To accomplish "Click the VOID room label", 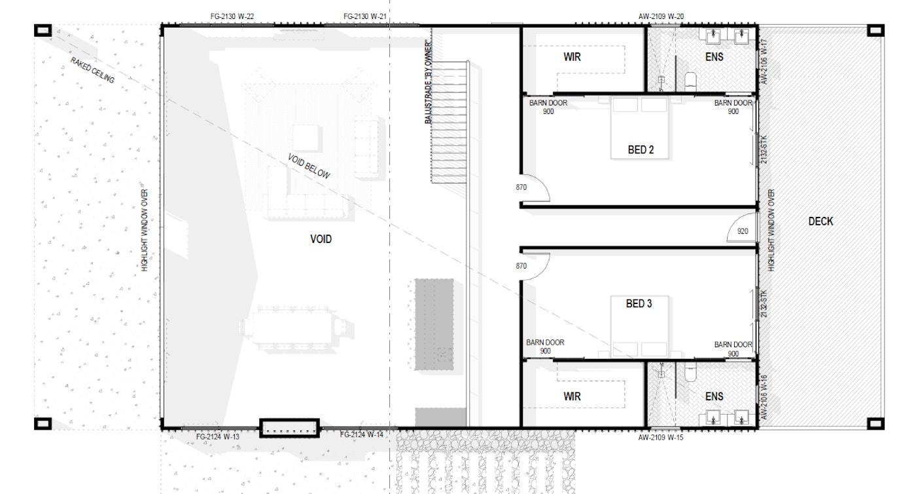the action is pyautogui.click(x=321, y=238).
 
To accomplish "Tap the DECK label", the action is pyautogui.click(x=820, y=221).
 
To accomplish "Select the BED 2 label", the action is pyautogui.click(x=641, y=149).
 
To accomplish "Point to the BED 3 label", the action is pyautogui.click(x=639, y=303).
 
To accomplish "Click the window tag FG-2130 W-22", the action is pyautogui.click(x=232, y=16).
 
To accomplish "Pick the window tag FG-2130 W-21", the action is pyautogui.click(x=365, y=16).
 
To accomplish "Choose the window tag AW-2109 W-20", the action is pyautogui.click(x=661, y=16).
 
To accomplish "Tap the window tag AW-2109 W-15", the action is pyautogui.click(x=661, y=438).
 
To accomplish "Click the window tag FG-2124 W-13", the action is pyautogui.click(x=217, y=436).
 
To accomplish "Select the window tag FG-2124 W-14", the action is pyautogui.click(x=361, y=434).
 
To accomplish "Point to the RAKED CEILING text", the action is pyautogui.click(x=92, y=70).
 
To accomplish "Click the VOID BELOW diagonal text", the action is pyautogui.click(x=309, y=166).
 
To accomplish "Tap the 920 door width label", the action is pyautogui.click(x=743, y=231).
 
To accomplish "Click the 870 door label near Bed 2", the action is pyautogui.click(x=521, y=187).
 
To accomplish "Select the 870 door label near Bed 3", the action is pyautogui.click(x=521, y=266).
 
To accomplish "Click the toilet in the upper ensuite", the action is pyautogui.click(x=690, y=81).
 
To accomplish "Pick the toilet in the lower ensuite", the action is pyautogui.click(x=690, y=372).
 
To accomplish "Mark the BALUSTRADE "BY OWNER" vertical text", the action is pyautogui.click(x=428, y=82).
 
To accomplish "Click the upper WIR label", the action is pyautogui.click(x=572, y=56).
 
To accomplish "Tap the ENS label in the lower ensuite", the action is pyautogui.click(x=714, y=396).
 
